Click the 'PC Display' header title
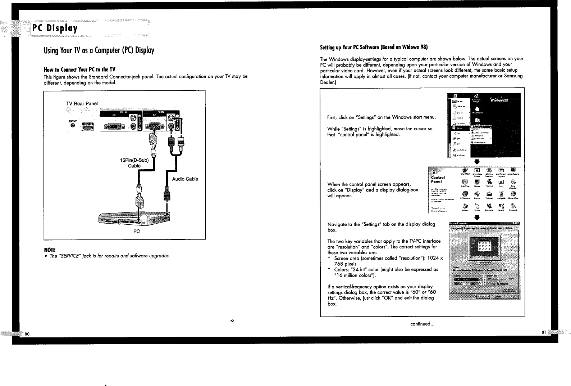pyautogui.click(x=55, y=28)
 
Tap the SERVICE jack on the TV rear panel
pyautogui.click(x=73, y=126)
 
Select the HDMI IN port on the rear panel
pyautogui.click(x=88, y=126)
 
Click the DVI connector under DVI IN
pyautogui.click(x=115, y=126)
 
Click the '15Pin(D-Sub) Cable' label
pyautogui.click(x=134, y=163)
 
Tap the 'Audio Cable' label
pyautogui.click(x=185, y=179)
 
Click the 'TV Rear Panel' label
pyautogui.click(x=82, y=104)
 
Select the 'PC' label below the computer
pyautogui.click(x=137, y=231)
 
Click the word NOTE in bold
pyautogui.click(x=50, y=250)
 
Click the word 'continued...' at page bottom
pyautogui.click(x=423, y=324)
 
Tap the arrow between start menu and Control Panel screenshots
pyautogui.click(x=476, y=161)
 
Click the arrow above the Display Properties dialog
pyautogui.click(x=476, y=217)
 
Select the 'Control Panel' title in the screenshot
pyautogui.click(x=438, y=179)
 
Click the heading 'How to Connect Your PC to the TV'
pyautogui.click(x=79, y=69)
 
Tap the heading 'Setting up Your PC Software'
pyautogui.click(x=374, y=47)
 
